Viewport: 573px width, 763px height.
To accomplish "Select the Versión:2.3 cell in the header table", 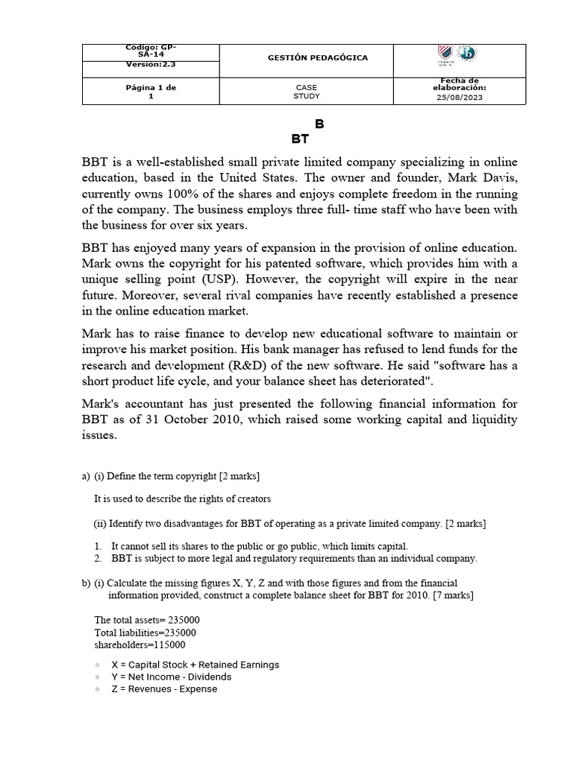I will (x=151, y=64).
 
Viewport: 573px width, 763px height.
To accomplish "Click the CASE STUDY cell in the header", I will (x=306, y=92).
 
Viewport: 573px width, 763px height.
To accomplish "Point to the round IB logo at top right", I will (x=469, y=54).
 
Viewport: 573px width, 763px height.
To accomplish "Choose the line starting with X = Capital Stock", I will (x=195, y=665).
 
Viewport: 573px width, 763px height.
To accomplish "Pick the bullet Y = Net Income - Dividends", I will (x=171, y=677).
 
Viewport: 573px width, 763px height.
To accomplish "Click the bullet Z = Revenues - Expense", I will (x=164, y=689).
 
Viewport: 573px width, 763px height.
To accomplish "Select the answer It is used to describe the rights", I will (x=182, y=498).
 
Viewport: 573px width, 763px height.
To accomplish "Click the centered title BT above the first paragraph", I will (x=300, y=139).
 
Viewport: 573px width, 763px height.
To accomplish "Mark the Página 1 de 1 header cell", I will (x=151, y=92).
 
